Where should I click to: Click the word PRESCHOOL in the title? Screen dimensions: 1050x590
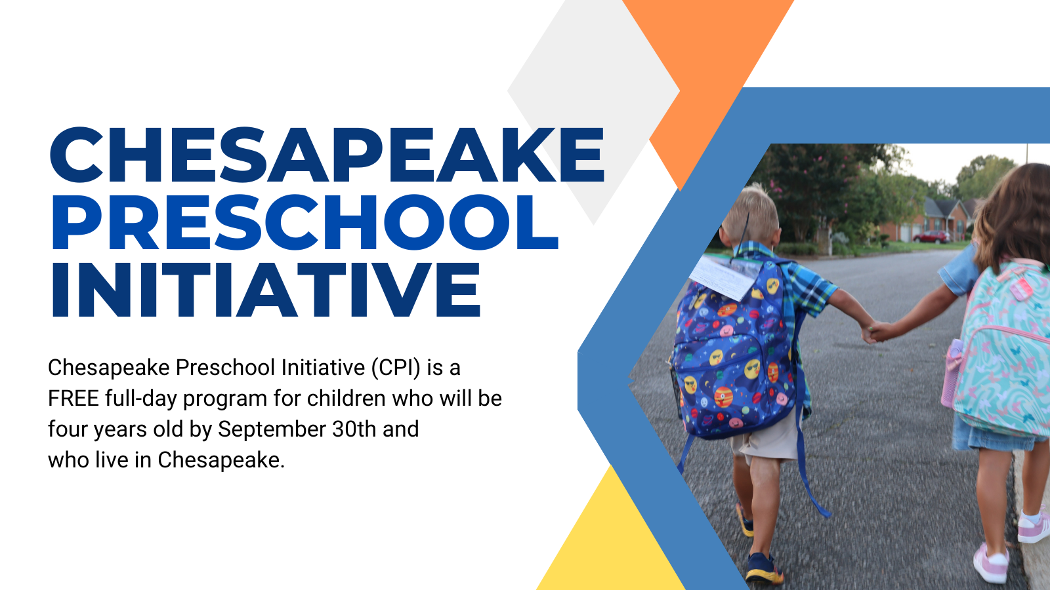tap(305, 222)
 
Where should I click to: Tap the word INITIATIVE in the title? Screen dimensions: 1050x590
tap(266, 289)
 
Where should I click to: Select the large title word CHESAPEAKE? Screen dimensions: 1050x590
tap(327, 154)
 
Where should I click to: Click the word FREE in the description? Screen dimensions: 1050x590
tap(73, 399)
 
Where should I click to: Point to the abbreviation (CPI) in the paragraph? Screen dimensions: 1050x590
tap(396, 368)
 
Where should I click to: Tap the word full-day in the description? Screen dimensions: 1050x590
tap(141, 399)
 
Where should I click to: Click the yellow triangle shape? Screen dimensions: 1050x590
tap(610, 543)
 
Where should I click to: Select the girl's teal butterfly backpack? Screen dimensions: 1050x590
tap(1003, 349)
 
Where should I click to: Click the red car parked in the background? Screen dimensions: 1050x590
tap(931, 237)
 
